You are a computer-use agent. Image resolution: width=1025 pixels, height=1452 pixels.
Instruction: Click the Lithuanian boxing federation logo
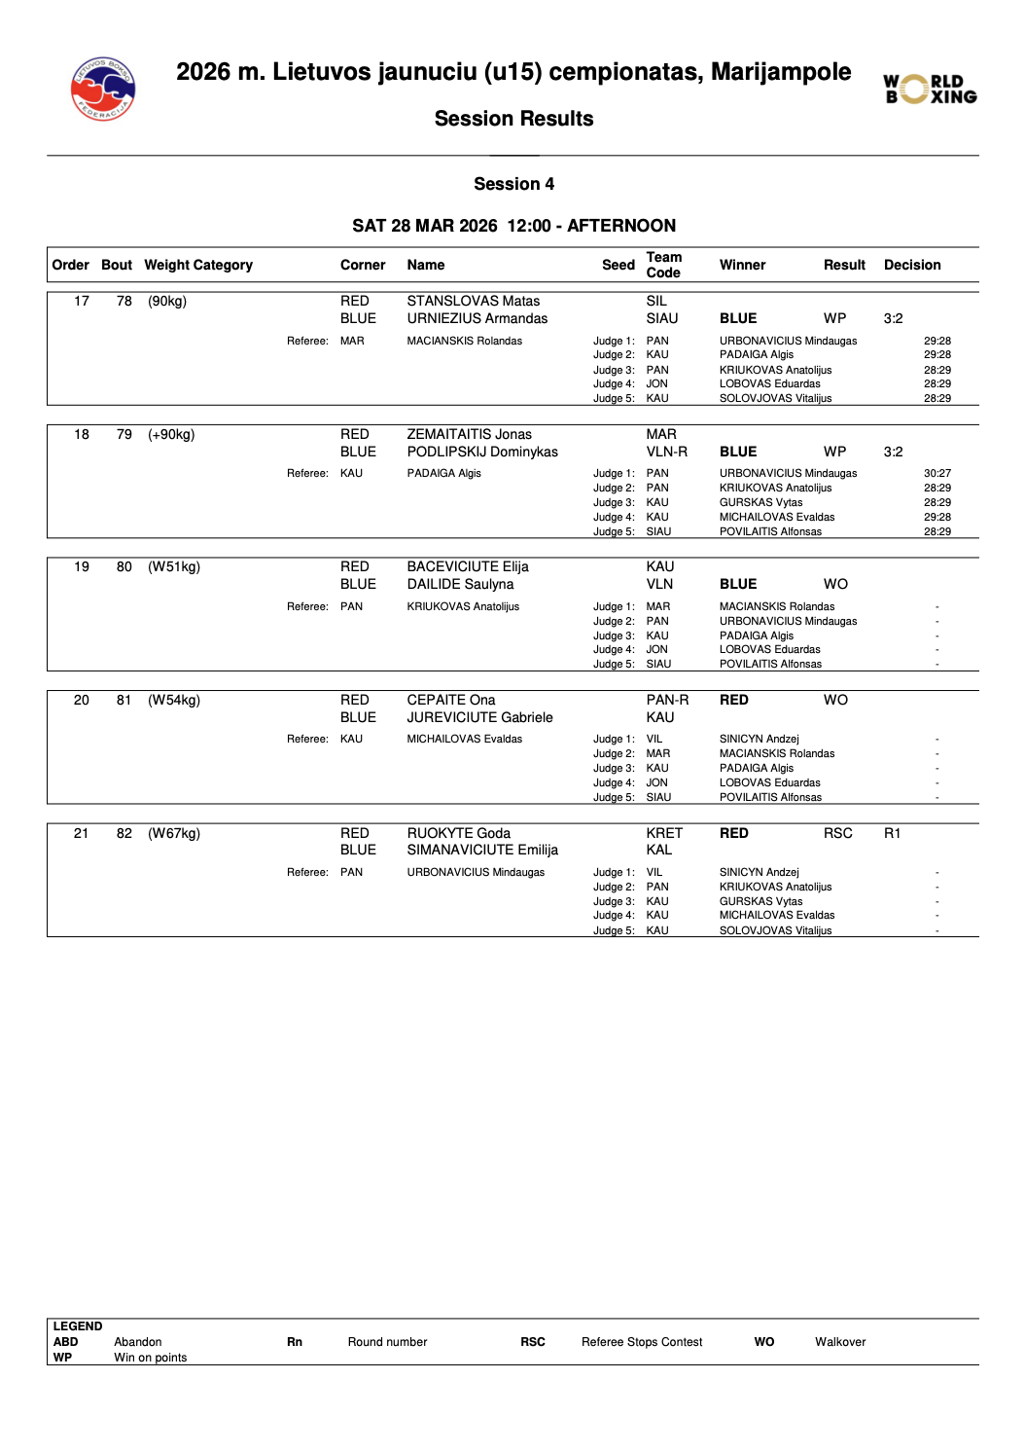(x=102, y=89)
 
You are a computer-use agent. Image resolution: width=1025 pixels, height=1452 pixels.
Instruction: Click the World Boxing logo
(x=930, y=89)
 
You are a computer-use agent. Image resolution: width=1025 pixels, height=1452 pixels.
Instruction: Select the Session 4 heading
(x=513, y=184)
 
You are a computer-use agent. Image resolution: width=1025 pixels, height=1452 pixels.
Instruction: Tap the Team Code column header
(x=663, y=265)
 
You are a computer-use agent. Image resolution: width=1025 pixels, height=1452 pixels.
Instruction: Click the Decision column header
(x=911, y=265)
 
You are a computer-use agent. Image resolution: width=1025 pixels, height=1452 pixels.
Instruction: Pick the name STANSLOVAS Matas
(x=473, y=301)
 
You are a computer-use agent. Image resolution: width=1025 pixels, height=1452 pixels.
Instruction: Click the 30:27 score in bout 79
(x=937, y=473)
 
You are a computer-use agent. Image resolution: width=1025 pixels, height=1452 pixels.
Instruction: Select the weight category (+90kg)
(x=171, y=434)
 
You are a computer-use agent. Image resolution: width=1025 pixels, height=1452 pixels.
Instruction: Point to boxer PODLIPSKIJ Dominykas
(x=482, y=452)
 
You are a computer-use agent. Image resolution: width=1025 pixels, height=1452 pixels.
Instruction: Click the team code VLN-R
(x=666, y=452)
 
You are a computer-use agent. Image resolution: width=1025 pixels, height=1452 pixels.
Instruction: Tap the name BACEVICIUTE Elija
(x=468, y=566)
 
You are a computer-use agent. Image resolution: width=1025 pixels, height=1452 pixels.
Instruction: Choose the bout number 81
(x=124, y=700)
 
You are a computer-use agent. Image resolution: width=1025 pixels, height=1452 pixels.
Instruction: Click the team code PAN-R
(x=667, y=700)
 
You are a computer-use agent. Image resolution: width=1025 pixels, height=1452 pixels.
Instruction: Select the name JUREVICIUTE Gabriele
(x=479, y=717)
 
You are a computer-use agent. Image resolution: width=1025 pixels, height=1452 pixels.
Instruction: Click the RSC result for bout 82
(x=837, y=833)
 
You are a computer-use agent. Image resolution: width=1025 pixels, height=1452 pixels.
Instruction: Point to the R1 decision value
(x=892, y=833)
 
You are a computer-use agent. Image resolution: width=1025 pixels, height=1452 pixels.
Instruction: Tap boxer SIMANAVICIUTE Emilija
(x=482, y=850)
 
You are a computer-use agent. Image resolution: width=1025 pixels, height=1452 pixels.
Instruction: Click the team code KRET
(x=664, y=833)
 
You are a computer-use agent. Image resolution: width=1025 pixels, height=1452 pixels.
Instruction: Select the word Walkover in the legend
(x=840, y=1342)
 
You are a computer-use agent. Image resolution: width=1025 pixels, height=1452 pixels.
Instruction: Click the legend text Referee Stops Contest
(x=642, y=1342)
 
